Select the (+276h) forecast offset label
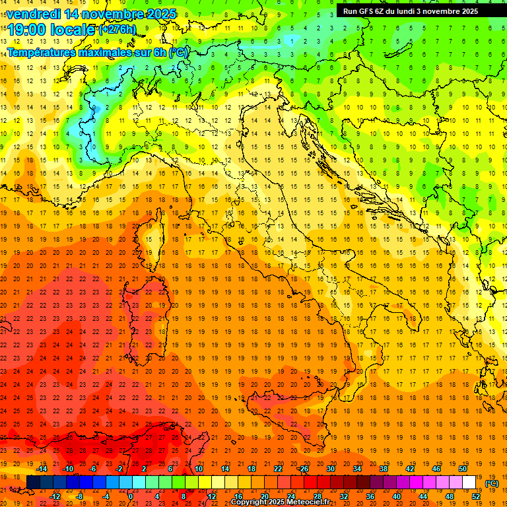click(118, 29)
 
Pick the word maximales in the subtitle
click(111, 52)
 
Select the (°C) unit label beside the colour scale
click(492, 483)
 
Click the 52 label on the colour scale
click(476, 496)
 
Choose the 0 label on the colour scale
click(131, 496)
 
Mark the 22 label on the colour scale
click(277, 469)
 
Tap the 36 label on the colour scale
click(370, 496)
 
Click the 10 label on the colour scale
click(199, 469)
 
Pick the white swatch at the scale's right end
click(469, 482)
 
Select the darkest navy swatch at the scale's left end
click(34, 482)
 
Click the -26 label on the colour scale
click(303, 469)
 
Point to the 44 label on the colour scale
click(423, 496)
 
